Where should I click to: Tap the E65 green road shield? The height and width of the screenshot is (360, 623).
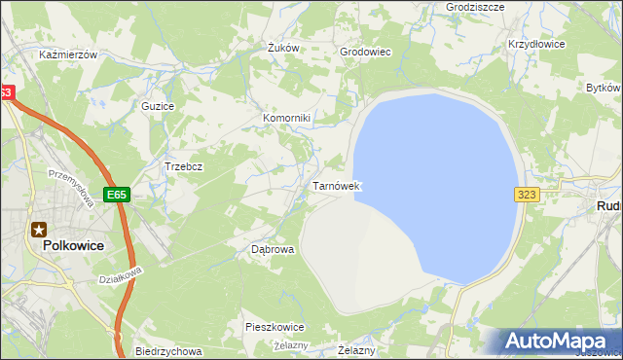click(x=117, y=195)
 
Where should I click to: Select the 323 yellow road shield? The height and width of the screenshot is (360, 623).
click(x=527, y=195)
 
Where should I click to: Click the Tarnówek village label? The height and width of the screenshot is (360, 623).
click(x=336, y=185)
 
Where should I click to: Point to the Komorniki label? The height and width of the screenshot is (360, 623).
click(x=286, y=119)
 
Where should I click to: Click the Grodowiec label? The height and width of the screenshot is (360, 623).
click(x=364, y=52)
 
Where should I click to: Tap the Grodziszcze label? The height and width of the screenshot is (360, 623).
click(x=474, y=6)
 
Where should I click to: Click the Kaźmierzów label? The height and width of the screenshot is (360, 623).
click(x=68, y=55)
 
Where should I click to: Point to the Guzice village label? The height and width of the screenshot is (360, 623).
click(x=158, y=105)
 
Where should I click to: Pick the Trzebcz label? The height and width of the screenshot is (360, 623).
click(x=183, y=166)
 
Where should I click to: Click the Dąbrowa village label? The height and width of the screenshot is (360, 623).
click(x=273, y=249)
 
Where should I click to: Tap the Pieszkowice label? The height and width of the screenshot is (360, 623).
click(x=275, y=327)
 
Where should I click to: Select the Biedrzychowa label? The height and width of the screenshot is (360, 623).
click(x=168, y=351)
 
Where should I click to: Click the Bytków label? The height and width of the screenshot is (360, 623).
click(x=604, y=88)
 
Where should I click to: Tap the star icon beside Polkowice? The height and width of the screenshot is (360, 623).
click(x=39, y=230)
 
